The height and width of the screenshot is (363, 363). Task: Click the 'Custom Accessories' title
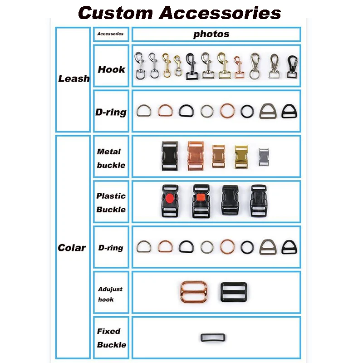point(180,12)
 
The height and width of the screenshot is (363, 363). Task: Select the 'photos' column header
point(211,34)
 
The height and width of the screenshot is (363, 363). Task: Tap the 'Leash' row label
point(74,78)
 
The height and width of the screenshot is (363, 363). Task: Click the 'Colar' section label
point(72,248)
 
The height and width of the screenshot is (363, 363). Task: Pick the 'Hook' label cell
point(111,69)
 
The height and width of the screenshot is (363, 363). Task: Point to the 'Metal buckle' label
point(111,158)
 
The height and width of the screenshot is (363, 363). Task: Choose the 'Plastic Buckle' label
point(111,203)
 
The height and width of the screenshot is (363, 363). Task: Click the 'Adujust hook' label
point(110,294)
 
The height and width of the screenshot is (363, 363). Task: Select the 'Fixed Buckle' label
point(111,338)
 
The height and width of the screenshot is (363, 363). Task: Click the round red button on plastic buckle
point(169,198)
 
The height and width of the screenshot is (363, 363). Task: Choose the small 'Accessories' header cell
point(110,34)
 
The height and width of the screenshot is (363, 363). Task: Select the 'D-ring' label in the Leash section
point(111,112)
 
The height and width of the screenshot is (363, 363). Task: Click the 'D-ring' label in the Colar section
point(111,248)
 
